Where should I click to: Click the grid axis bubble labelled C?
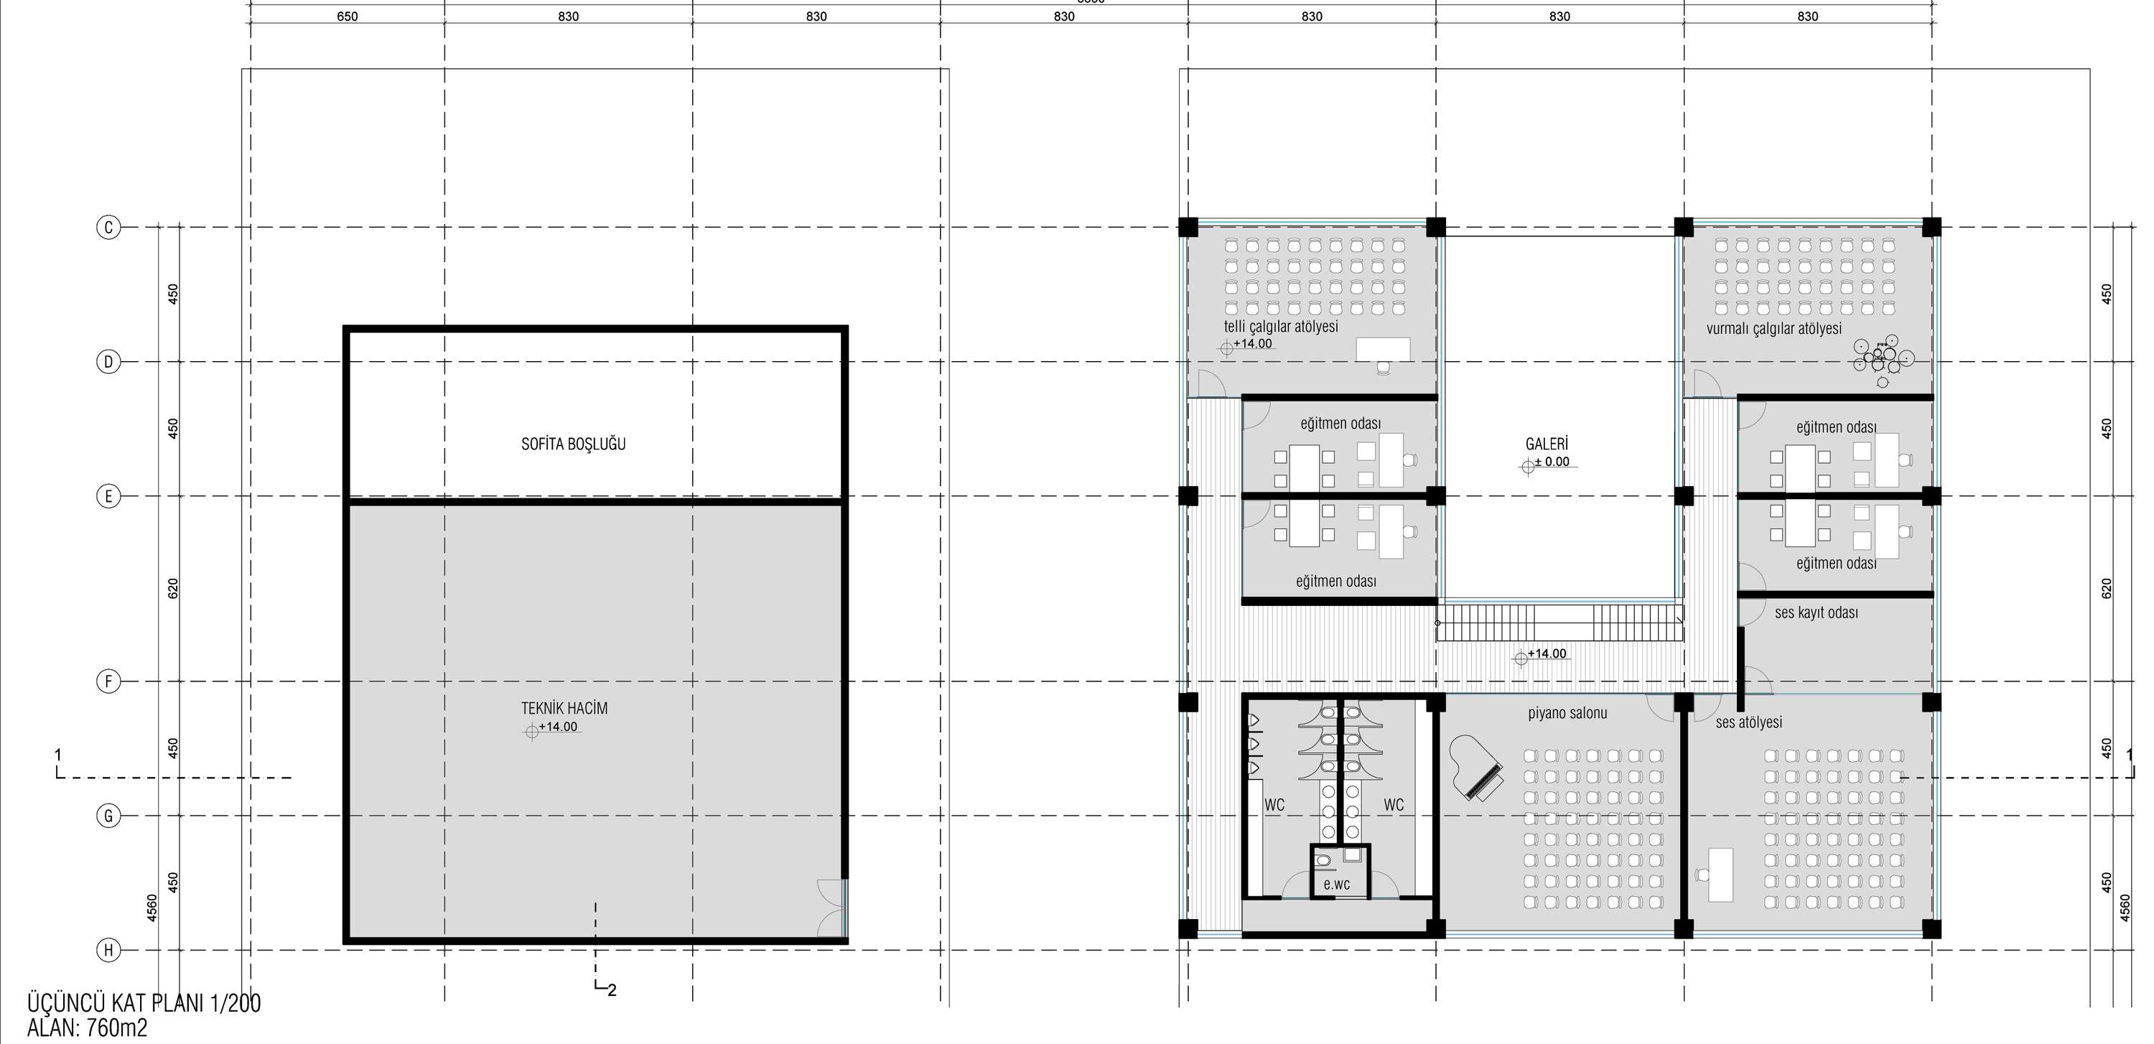tap(108, 226)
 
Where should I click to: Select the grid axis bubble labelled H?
tap(108, 949)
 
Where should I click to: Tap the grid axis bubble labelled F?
tap(108, 681)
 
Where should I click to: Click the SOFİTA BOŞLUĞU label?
tap(573, 444)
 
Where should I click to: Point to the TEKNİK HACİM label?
tap(564, 708)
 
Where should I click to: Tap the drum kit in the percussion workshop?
tap(1883, 360)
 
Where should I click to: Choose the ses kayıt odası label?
tap(1817, 612)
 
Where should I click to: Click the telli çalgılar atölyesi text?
tap(1281, 326)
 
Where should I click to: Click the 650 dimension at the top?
tap(347, 16)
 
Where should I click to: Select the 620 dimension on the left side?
tap(173, 589)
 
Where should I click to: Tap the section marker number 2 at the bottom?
tap(612, 990)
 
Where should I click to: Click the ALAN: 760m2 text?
tap(87, 1028)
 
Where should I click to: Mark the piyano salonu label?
tap(1567, 714)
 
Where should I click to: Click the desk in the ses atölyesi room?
tap(1720, 875)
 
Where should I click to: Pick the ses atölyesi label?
tap(1748, 722)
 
